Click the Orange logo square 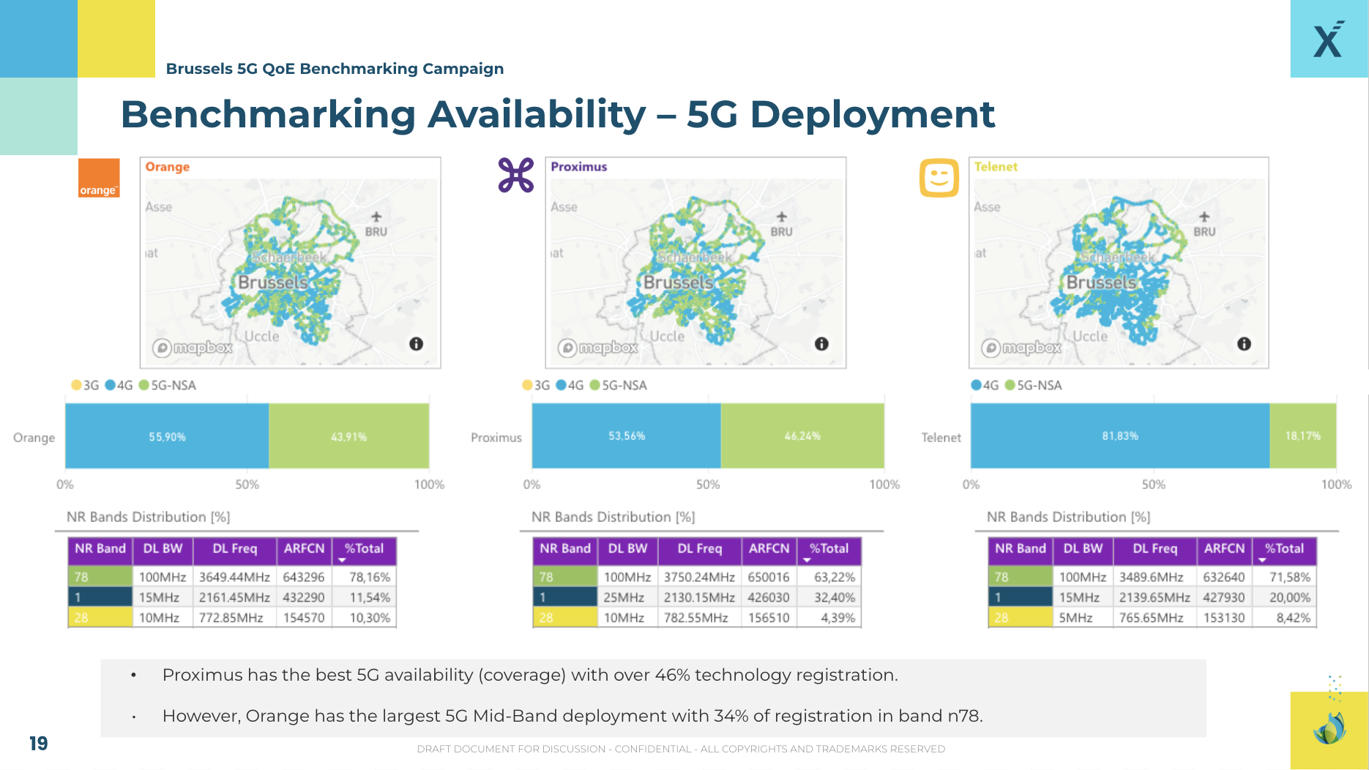99,178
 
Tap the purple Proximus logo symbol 516,176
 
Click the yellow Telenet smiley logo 939,178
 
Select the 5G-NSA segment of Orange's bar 348,436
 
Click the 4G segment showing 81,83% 1119,436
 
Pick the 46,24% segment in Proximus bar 802,436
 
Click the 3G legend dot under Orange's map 76,385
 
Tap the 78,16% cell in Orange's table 369,577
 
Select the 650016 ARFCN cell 768,577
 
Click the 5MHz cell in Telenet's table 1075,618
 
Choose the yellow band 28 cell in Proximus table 564,618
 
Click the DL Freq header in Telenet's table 1154,549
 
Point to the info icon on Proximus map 821,344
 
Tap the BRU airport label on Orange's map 376,231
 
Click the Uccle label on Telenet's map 1090,336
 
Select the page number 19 38,744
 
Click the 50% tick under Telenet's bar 1153,485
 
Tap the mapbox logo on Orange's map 193,348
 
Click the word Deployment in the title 872,115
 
